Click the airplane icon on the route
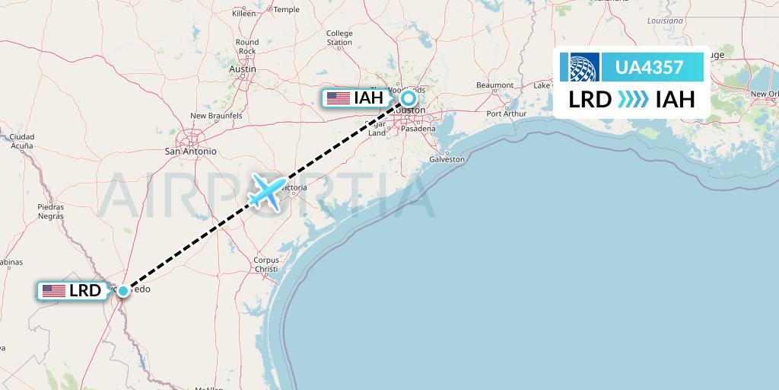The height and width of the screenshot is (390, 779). [265, 192]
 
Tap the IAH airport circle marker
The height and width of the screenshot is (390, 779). [409, 97]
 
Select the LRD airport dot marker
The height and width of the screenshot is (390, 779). [122, 290]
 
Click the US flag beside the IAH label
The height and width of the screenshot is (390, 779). [337, 98]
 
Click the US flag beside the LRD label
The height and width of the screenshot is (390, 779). [54, 291]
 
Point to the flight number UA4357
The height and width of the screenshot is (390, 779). [649, 67]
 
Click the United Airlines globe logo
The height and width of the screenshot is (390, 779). [580, 67]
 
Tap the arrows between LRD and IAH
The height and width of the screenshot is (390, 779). [633, 99]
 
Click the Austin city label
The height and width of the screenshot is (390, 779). [242, 69]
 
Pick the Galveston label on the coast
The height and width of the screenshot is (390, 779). [447, 160]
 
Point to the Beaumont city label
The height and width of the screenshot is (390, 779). [495, 85]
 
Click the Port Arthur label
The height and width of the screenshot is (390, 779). [507, 114]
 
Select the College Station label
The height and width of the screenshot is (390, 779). [339, 38]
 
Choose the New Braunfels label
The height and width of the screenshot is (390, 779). [216, 116]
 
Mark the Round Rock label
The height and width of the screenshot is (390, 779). [247, 46]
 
